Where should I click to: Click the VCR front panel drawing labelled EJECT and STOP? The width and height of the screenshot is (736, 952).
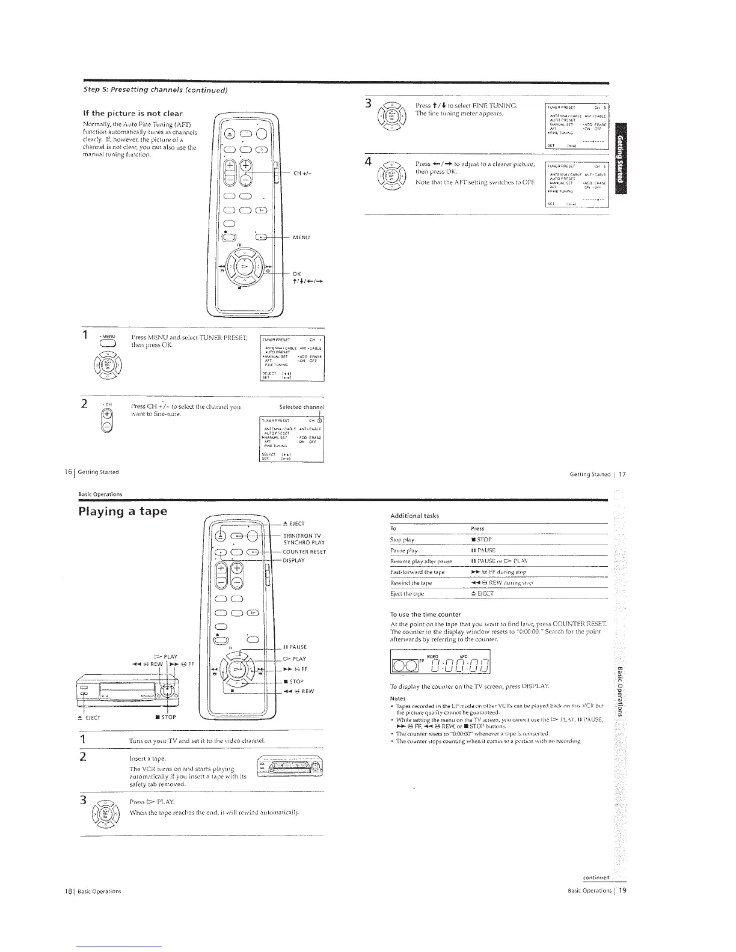[x=127, y=692]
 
